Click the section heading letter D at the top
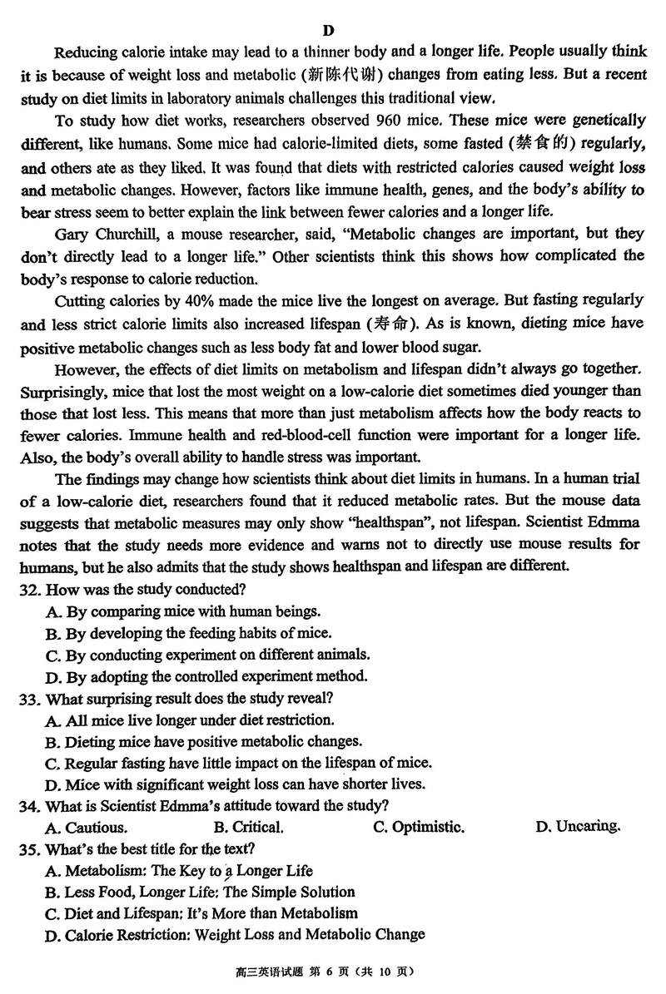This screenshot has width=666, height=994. (x=328, y=31)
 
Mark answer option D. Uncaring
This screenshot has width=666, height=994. (x=579, y=826)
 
